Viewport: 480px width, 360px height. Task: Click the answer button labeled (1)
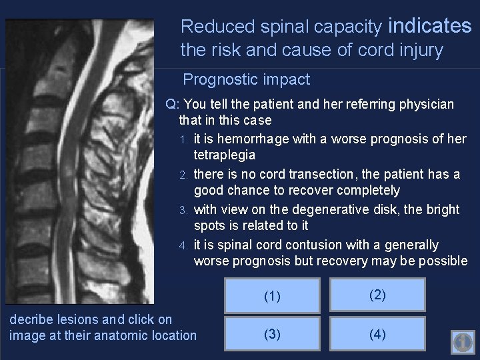coord(272,296)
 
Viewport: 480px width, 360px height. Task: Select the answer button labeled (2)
coord(377,295)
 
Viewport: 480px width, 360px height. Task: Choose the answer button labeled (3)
coord(272,334)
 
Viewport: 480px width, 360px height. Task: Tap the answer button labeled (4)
coord(377,334)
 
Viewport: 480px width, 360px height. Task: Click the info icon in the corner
coord(463,342)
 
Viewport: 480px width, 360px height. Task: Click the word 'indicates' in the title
coord(429,26)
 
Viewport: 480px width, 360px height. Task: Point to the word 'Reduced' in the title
coord(209,27)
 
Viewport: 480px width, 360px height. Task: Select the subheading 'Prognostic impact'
coord(246,79)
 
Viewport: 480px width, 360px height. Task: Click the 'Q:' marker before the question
coord(173,105)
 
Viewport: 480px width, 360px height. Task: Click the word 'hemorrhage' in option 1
coord(247,139)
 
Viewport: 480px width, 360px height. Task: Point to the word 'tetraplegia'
coord(225,155)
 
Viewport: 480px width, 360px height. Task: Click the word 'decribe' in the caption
coord(31,319)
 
